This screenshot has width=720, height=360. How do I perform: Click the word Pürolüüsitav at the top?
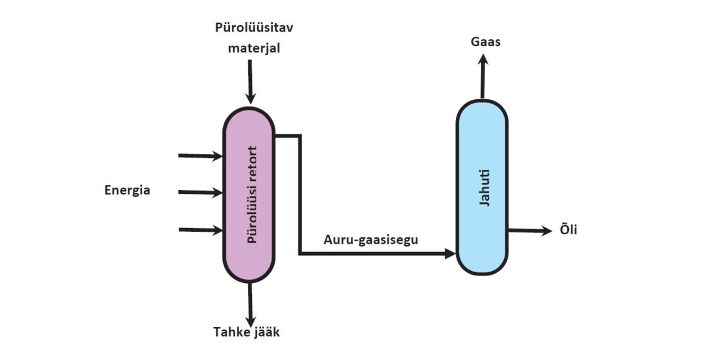point(254,28)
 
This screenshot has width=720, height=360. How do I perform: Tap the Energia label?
point(127,190)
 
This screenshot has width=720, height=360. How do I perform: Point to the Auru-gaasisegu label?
point(371,239)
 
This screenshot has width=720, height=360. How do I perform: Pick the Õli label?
point(568,231)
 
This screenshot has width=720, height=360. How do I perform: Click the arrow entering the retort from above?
point(250,82)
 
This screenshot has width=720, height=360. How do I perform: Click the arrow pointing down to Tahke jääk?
point(250,303)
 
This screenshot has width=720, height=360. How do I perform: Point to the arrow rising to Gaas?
point(483,76)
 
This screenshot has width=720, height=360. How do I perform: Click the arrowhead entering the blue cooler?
point(450,253)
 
